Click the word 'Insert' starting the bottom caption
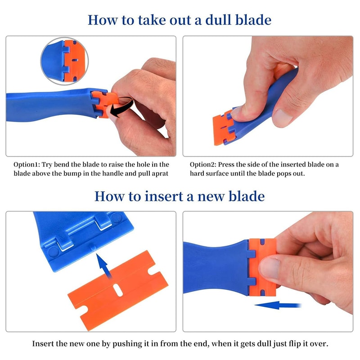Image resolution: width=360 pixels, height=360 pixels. [x=43, y=344]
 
